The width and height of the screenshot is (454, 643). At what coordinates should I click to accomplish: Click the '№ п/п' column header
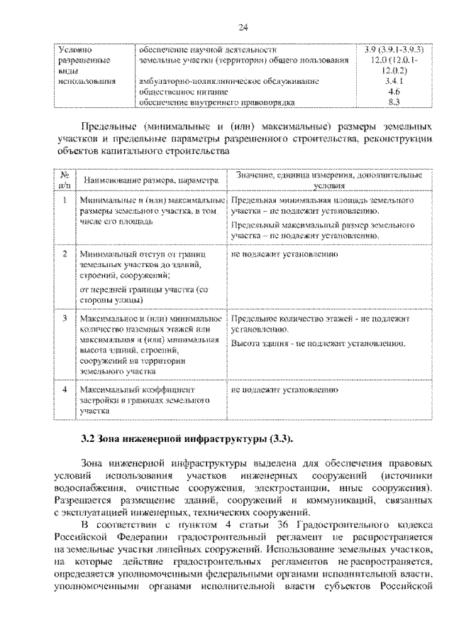65,180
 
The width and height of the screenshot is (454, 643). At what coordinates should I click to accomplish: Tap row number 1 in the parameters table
65,201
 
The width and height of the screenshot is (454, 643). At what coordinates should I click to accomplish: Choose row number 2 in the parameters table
65,254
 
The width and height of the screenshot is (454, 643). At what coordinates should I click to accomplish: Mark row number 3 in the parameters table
65,320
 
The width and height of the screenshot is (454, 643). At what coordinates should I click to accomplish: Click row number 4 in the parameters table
65,390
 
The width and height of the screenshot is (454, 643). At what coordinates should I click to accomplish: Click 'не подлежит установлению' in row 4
284,390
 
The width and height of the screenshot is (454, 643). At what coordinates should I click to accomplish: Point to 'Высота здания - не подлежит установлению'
318,345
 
